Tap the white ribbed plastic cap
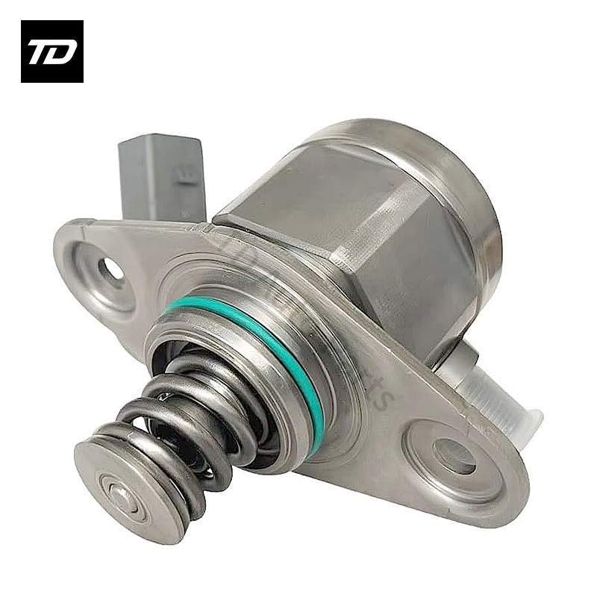[496, 399]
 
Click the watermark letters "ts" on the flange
[381, 395]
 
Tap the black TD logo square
[51, 51]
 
